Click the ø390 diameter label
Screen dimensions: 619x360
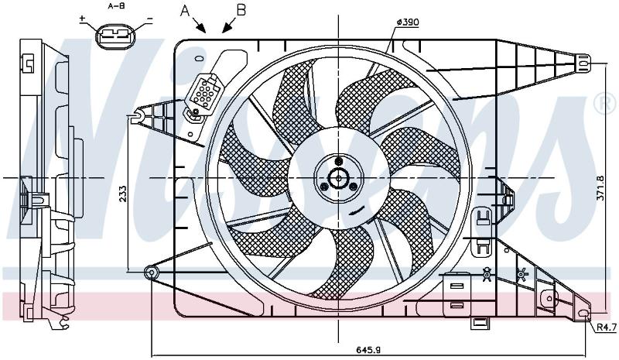pyautogui.click(x=408, y=22)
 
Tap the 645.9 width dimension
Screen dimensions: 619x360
pyautogui.click(x=368, y=350)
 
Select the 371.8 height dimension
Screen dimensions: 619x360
pyautogui.click(x=600, y=188)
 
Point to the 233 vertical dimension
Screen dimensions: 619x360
pyautogui.click(x=123, y=194)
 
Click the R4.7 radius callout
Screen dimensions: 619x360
pyautogui.click(x=606, y=327)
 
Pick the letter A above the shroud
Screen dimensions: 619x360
pyautogui.click(x=185, y=11)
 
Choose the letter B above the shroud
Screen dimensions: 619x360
pyautogui.click(x=241, y=10)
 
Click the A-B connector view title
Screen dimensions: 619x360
pyautogui.click(x=116, y=6)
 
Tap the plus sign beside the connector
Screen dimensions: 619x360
pyautogui.click(x=83, y=18)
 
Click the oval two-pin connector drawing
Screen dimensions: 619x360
pyautogui.click(x=115, y=37)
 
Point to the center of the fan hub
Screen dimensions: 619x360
pyautogui.click(x=338, y=178)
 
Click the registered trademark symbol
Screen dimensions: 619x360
pyautogui.click(x=606, y=104)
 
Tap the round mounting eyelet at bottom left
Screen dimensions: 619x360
pyautogui.click(x=152, y=273)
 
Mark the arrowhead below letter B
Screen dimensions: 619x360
pyautogui.click(x=227, y=27)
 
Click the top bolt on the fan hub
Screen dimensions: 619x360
pyautogui.click(x=338, y=161)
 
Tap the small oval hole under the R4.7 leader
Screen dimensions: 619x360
pyautogui.click(x=584, y=314)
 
